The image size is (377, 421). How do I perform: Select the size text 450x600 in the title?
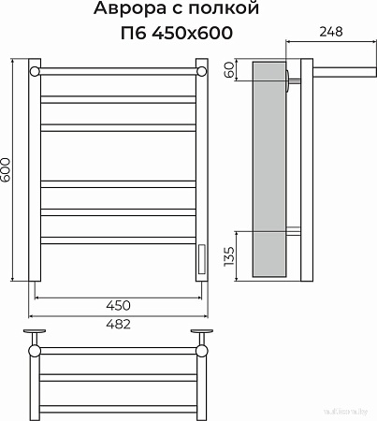[x=197, y=34]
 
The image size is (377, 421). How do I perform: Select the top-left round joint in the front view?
[x=35, y=71]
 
